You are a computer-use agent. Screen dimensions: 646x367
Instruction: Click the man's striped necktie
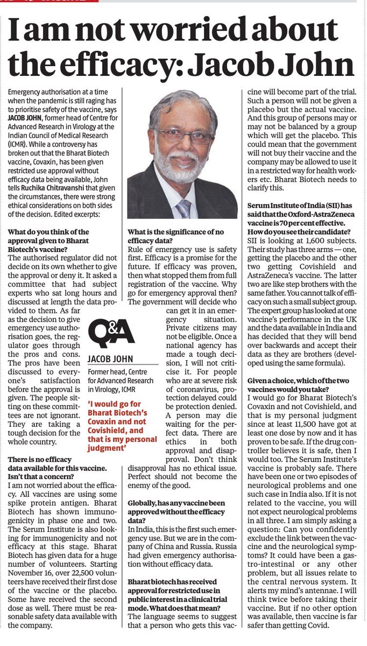click(x=183, y=207)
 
